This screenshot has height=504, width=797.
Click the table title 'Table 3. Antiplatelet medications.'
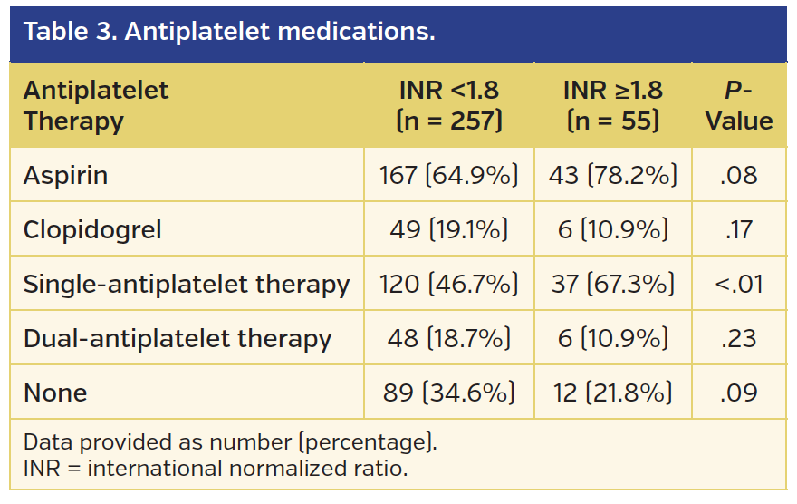click(x=229, y=33)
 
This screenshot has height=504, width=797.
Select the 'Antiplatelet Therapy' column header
click(x=96, y=105)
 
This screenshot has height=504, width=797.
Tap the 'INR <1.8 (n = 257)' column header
click(x=448, y=105)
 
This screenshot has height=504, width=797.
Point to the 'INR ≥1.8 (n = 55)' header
click(x=612, y=105)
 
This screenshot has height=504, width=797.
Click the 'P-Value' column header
click(x=739, y=105)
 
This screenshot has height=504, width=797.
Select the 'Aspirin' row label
click(x=65, y=175)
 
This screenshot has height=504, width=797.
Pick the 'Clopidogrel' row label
click(x=92, y=229)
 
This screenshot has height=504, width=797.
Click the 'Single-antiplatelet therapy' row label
click(x=187, y=284)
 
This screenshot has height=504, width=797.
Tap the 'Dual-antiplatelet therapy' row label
click(x=178, y=338)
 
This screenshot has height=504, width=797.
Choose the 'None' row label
click(x=55, y=393)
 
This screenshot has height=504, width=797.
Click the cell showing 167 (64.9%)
click(x=448, y=175)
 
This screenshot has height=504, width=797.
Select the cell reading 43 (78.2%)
click(x=612, y=175)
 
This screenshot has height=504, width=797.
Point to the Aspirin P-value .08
click(x=739, y=175)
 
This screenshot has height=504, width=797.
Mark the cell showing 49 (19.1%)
click(x=448, y=229)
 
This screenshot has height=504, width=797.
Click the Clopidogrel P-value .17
click(x=739, y=229)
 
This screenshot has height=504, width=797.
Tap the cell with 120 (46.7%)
click(x=448, y=284)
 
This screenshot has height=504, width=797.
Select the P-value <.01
click(x=739, y=284)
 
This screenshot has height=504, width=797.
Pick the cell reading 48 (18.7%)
click(x=448, y=338)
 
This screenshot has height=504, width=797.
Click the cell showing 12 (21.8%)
click(x=612, y=393)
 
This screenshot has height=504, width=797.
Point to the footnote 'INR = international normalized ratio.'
click(x=216, y=469)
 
